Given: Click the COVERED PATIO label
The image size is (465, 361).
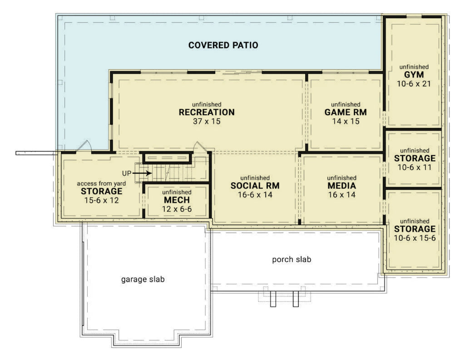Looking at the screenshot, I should [x=223, y=45].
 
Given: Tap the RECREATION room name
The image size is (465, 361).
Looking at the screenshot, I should [x=207, y=112].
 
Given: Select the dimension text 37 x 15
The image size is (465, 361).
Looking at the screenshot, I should [x=207, y=121].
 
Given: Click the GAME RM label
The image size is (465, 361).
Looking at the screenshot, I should [x=346, y=112].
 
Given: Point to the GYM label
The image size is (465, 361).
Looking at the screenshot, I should [x=414, y=75].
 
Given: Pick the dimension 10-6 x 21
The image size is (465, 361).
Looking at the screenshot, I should [x=414, y=84].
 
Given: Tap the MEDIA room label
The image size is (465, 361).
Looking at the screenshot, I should [x=341, y=186].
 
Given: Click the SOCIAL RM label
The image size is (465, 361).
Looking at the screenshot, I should [x=255, y=186].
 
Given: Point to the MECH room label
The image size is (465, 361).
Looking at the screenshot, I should [x=177, y=200].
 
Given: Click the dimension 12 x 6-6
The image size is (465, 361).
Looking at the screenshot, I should [x=177, y=209].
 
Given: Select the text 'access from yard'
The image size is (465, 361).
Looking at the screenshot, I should [x=101, y=183].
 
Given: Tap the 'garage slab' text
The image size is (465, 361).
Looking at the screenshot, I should [x=143, y=279].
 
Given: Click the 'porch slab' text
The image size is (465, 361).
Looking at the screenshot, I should [x=292, y=259].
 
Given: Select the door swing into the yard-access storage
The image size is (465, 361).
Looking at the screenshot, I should [x=85, y=146].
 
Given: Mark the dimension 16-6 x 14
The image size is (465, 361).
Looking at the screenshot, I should [x=255, y=195].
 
